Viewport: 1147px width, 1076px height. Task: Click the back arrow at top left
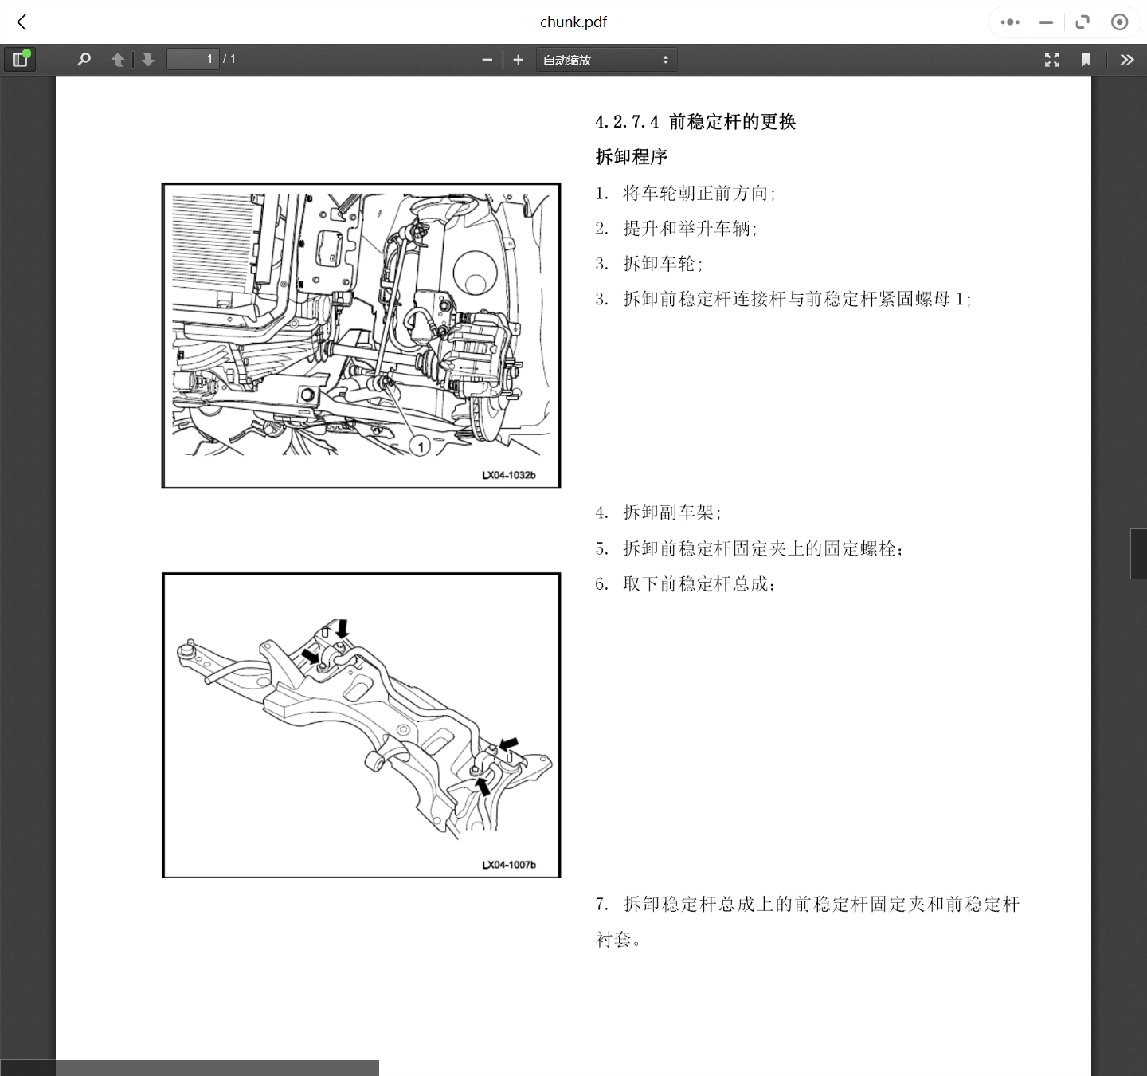[22, 22]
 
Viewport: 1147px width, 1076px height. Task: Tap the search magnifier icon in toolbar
[84, 59]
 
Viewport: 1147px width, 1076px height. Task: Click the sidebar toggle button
[20, 59]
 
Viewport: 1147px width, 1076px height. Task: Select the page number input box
[192, 59]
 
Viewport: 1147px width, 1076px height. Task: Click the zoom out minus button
[487, 60]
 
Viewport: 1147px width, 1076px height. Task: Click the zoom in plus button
[519, 60]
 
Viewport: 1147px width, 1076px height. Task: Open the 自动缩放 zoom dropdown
[606, 60]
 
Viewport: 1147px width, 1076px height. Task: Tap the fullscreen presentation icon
[1052, 60]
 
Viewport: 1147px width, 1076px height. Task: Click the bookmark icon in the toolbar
[1086, 60]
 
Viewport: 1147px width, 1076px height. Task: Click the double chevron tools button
[1126, 60]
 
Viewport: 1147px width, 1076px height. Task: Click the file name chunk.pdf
[573, 22]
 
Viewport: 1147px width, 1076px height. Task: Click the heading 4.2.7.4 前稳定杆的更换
[695, 122]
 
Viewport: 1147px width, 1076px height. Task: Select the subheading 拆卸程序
[632, 157]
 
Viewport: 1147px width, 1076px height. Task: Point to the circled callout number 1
[421, 446]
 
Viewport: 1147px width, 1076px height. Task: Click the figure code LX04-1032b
[508, 476]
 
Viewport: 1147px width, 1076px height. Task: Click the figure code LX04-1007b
[508, 865]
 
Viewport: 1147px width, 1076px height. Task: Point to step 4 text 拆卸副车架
[671, 512]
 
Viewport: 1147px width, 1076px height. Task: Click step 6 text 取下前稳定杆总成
[699, 584]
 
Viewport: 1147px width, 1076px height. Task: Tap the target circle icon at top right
[1119, 22]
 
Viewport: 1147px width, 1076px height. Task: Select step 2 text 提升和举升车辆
[689, 229]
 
